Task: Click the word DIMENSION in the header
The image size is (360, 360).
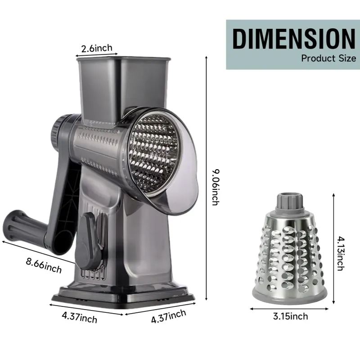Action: click(x=294, y=38)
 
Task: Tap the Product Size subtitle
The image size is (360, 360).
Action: click(x=328, y=58)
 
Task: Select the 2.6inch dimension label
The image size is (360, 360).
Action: click(x=97, y=48)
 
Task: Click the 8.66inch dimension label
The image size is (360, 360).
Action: click(x=44, y=265)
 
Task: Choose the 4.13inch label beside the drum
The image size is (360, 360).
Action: click(x=341, y=253)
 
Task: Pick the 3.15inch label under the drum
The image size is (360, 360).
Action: click(x=290, y=316)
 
